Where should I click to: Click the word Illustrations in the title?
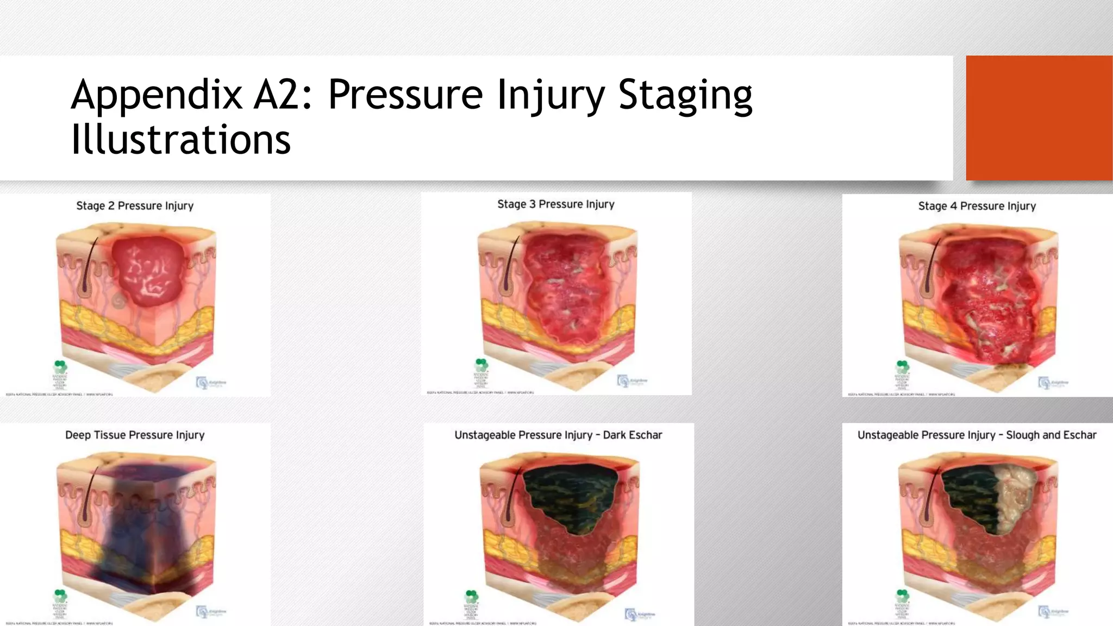(180, 139)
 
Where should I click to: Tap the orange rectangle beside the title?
(1039, 117)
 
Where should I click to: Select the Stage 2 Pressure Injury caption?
(135, 206)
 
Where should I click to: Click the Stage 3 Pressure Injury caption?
(555, 204)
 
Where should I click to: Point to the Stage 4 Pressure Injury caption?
(977, 206)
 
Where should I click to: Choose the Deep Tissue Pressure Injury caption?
(135, 435)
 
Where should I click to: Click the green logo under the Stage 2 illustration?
(60, 366)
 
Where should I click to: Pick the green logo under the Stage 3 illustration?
(481, 365)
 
